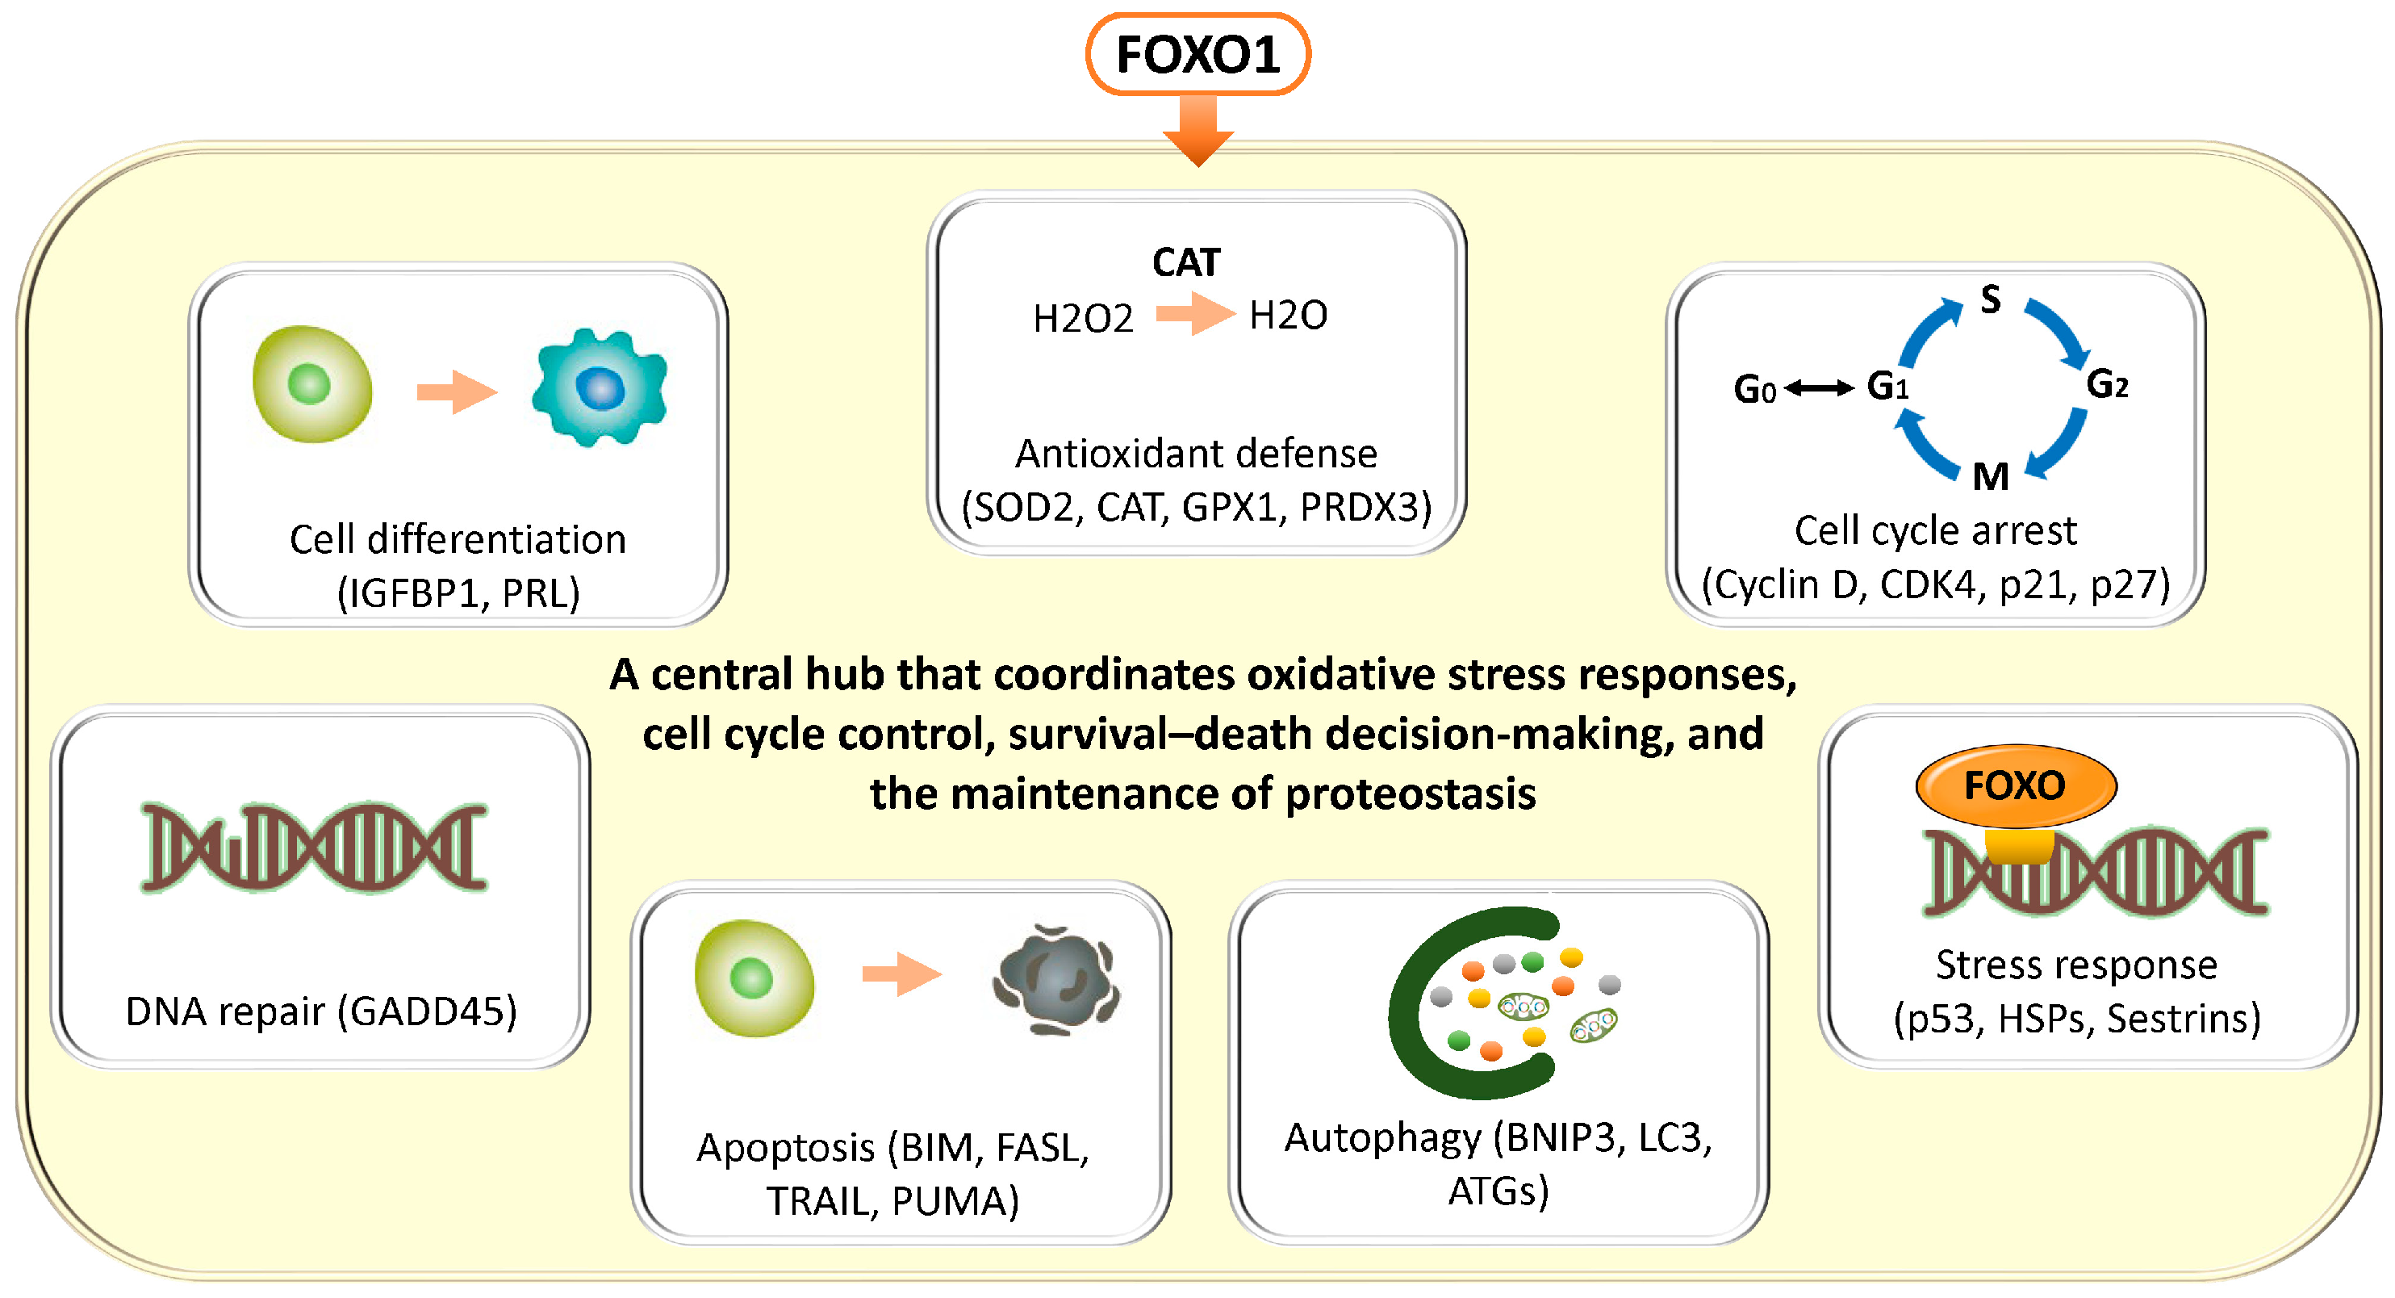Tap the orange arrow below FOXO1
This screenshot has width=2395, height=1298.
[1198, 131]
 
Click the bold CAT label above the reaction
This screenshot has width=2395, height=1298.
[1185, 262]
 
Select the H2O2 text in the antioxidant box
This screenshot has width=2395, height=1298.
[1083, 319]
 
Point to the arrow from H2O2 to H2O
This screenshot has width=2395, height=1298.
[1195, 313]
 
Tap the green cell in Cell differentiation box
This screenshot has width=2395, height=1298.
[312, 383]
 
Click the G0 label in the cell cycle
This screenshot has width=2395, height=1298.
[1753, 388]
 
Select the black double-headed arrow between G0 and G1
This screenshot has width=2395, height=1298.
[1820, 387]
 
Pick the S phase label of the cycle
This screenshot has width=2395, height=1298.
[1990, 299]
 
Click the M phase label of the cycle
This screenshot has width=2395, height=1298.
[1991, 477]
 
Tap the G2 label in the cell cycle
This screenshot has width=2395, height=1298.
[2107, 384]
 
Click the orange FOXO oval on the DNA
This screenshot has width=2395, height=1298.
[2016, 786]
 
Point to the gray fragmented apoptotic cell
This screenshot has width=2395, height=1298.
[1056, 979]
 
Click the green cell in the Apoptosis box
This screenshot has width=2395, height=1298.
[754, 978]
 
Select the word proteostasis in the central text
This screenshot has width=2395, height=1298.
[1411, 794]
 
